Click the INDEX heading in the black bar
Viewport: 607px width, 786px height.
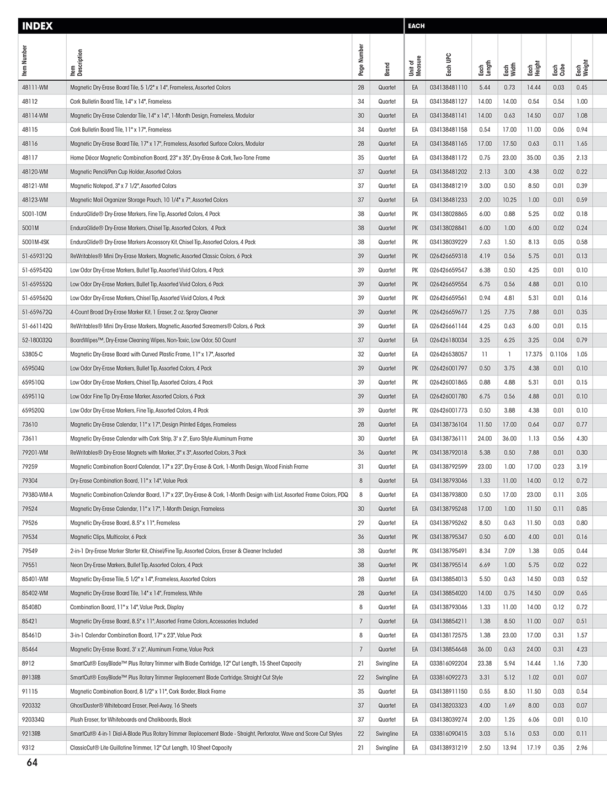coord(38,26)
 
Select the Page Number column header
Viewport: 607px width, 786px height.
coord(361,60)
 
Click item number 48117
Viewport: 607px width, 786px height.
coord(30,158)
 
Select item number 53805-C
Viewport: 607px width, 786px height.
coord(33,354)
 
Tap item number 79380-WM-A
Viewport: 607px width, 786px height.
coord(38,495)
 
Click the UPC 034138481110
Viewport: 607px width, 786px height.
coord(448,88)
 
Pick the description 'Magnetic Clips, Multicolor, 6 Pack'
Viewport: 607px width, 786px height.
coord(108,537)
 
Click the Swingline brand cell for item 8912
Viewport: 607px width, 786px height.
coord(387,663)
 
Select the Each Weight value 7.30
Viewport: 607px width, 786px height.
coord(582,663)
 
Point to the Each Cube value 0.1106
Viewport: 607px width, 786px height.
coord(558,354)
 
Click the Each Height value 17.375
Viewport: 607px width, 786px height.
coord(534,354)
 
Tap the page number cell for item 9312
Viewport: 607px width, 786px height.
coord(361,748)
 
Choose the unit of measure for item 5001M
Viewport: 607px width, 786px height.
coord(415,228)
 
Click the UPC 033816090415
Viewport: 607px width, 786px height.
coord(448,734)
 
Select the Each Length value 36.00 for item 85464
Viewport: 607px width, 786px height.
coord(484,650)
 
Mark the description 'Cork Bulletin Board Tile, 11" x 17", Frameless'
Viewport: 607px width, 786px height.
coord(120,130)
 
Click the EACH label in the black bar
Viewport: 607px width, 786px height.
coord(416,26)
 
